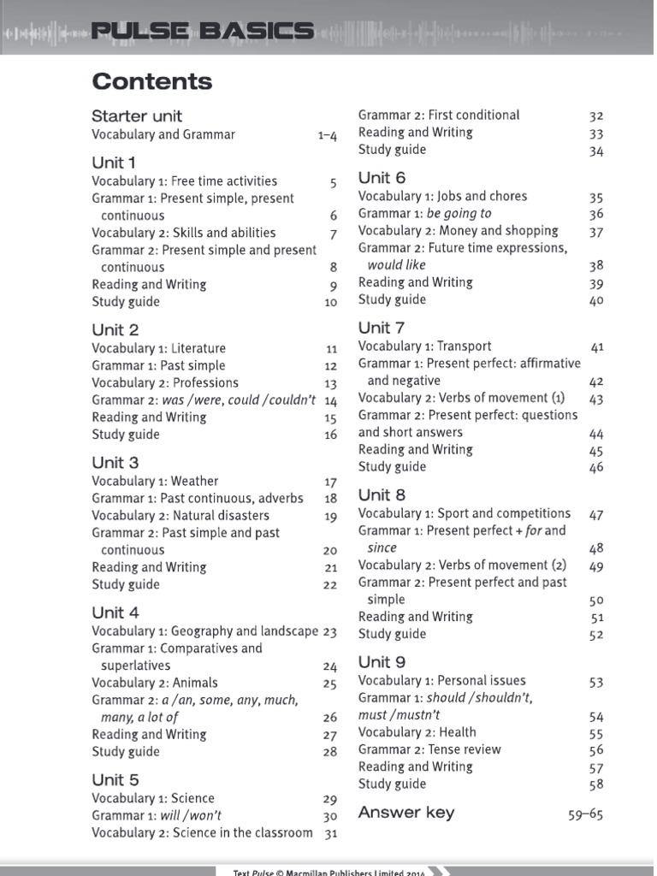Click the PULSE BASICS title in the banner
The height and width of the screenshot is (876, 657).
[x=203, y=33]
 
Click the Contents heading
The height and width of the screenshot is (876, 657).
[x=152, y=82]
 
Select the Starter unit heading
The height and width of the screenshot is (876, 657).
[x=137, y=116]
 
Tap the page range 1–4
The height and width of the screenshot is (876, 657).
[x=328, y=135]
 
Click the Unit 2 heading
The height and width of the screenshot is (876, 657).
[x=115, y=330]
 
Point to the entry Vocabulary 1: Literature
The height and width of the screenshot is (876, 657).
[x=159, y=349]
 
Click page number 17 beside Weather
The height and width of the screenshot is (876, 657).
[x=331, y=482]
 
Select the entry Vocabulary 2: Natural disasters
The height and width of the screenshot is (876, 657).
[x=181, y=516]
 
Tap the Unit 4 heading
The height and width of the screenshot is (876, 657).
[x=115, y=613]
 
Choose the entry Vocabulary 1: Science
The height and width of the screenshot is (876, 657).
[x=153, y=799]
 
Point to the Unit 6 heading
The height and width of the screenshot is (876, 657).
[x=382, y=179]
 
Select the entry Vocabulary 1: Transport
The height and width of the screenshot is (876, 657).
[x=425, y=346]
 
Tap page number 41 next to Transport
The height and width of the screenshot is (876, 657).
[x=597, y=347]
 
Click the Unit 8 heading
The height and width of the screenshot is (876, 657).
[x=382, y=495]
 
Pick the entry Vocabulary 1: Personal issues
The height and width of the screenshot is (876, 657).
[x=442, y=681]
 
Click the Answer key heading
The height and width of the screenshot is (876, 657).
[x=406, y=813]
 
